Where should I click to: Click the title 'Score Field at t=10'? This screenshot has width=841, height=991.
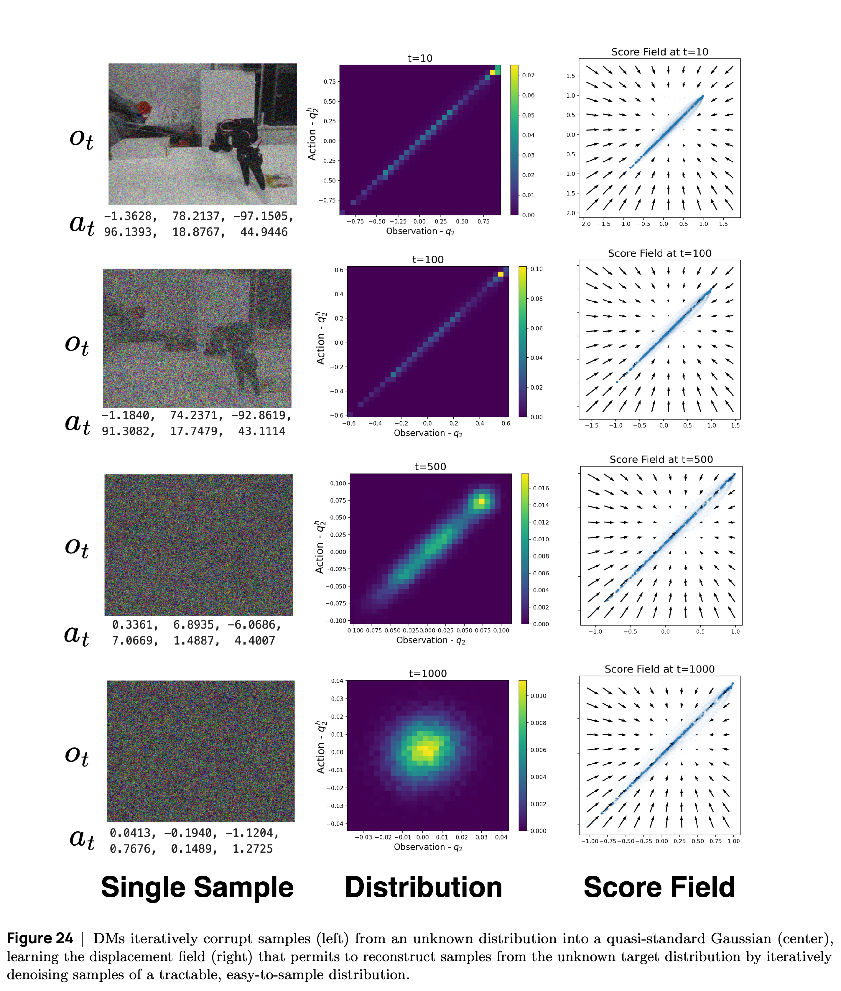click(659, 52)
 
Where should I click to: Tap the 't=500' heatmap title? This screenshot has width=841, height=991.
click(430, 466)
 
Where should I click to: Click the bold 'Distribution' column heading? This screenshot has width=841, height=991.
click(423, 888)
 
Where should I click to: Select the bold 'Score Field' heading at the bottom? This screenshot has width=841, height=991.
click(659, 888)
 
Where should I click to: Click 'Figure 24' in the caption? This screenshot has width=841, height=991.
click(40, 939)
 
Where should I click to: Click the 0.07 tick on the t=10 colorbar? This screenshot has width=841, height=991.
click(528, 75)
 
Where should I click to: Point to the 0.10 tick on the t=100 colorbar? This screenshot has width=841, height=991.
click(536, 269)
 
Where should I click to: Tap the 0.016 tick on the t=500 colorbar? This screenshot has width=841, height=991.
click(541, 488)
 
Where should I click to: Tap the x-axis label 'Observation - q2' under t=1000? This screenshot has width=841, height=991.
click(428, 847)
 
